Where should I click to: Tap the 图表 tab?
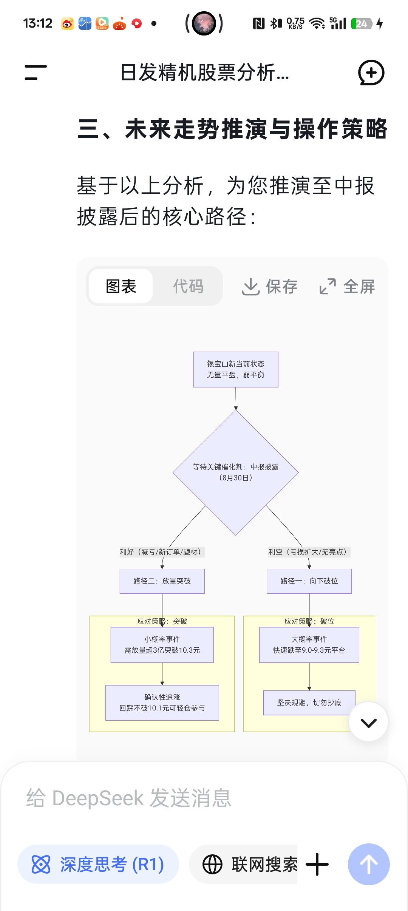tap(121, 286)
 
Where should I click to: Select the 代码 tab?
tap(188, 286)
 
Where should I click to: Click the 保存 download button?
tap(270, 286)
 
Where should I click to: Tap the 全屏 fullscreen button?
tap(347, 286)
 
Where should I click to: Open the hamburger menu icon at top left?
tap(36, 73)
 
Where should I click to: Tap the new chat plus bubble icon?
tap(371, 73)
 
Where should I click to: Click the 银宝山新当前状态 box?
tap(236, 369)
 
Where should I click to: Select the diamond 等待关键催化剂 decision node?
tap(236, 472)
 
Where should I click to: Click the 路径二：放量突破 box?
tap(162, 581)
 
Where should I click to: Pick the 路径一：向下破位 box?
tap(309, 581)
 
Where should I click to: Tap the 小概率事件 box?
tap(162, 645)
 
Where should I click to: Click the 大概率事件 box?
tap(309, 645)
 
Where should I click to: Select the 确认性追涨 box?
tap(162, 703)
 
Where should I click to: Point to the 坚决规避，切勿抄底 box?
tap(309, 703)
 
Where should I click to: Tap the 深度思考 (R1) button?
tap(98, 864)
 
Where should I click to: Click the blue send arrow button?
tap(369, 864)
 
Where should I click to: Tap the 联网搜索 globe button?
tap(249, 864)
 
